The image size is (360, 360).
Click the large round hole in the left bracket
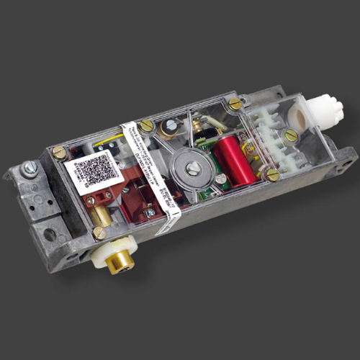[x=49, y=235]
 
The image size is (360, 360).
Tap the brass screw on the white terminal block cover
[x=291, y=134]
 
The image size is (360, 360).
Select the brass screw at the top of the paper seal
[x=146, y=127]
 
